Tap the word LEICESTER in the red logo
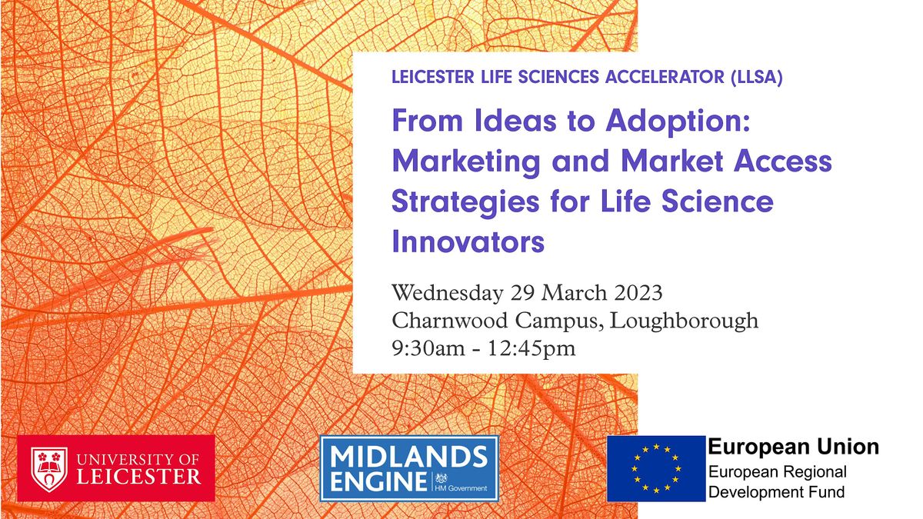(139, 477)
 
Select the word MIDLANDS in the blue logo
(408, 458)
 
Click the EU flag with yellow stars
(655, 468)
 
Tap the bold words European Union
(793, 447)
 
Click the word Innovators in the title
(468, 242)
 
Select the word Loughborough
(684, 321)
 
